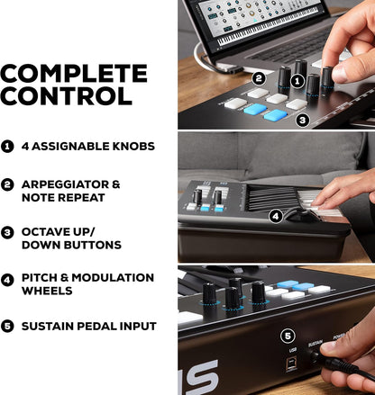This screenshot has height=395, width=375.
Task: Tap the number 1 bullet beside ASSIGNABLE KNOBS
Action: pos(8,146)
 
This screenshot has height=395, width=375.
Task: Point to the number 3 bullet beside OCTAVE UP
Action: pos(8,231)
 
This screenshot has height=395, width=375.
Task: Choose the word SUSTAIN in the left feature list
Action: pos(51,326)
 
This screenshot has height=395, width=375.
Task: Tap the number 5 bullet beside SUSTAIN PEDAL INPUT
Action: pos(8,326)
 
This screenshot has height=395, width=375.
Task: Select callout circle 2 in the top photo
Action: pos(259,78)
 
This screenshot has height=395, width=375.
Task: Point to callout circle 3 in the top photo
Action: pos(303,119)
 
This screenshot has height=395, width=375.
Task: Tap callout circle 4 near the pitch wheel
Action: pos(274,216)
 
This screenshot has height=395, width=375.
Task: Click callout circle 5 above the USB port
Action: pos(288,337)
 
